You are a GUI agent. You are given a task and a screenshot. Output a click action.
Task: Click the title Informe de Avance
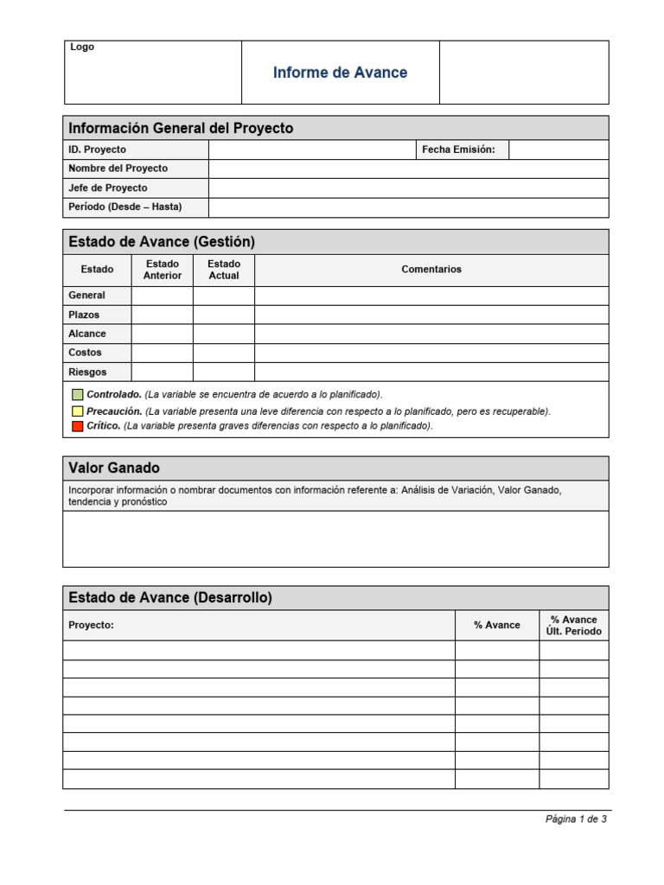[x=340, y=73]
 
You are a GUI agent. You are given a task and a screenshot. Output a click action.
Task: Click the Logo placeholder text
[x=82, y=48]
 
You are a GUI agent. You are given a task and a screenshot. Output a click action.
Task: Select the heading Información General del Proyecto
[x=181, y=128]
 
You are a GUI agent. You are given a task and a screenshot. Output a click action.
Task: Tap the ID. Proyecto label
[x=97, y=150]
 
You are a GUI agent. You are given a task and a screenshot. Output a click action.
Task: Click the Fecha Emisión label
[x=458, y=150]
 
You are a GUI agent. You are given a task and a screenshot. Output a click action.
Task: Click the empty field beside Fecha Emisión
[x=558, y=150]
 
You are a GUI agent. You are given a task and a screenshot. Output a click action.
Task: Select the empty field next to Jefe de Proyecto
[x=408, y=188]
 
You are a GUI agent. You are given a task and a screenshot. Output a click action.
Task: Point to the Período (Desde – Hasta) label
[x=125, y=207]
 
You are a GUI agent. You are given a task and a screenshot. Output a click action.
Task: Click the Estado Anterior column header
[x=163, y=270]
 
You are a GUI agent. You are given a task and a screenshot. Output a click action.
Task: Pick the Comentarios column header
[x=431, y=270]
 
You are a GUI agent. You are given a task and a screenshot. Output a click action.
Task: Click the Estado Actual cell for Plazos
[x=224, y=315]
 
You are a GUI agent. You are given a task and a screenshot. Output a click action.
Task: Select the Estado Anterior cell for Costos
[x=163, y=353]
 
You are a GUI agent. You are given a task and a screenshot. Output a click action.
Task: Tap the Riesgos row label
[x=87, y=372]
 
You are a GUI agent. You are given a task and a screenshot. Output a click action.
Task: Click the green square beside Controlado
[x=77, y=394]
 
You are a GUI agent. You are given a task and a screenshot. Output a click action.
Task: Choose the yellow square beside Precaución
[x=77, y=411]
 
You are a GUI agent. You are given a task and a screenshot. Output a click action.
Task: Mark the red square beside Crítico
[x=77, y=426]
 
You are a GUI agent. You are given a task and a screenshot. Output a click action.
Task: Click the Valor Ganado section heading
[x=114, y=468]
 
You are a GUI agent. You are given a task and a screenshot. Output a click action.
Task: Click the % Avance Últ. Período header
[x=573, y=625]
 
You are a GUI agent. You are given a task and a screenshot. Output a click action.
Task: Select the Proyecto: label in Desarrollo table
[x=91, y=625]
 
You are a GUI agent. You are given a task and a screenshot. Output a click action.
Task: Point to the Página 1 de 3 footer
[x=576, y=819]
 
